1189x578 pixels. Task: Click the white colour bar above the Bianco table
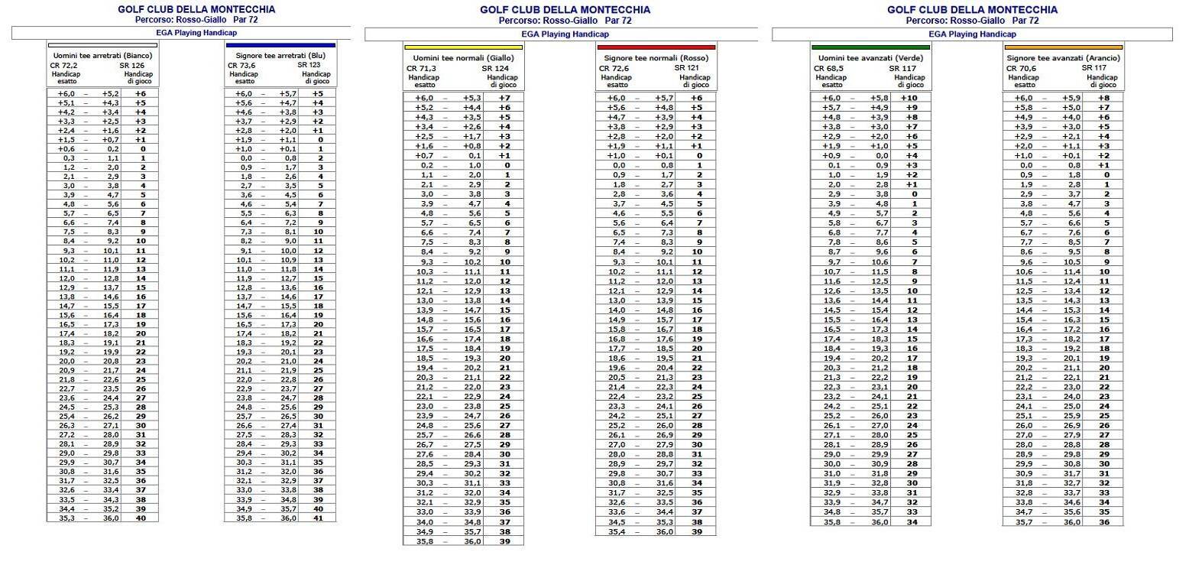(x=103, y=45)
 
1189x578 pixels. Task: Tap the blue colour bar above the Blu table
(x=280, y=45)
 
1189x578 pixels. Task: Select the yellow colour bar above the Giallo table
(x=464, y=47)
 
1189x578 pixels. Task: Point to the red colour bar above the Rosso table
(x=656, y=47)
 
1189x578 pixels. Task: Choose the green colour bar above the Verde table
(x=870, y=47)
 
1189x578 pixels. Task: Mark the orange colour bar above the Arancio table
(x=1063, y=47)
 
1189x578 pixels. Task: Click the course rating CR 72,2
(x=63, y=66)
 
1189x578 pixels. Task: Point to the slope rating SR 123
(x=309, y=66)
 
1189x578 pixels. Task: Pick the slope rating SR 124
(x=494, y=69)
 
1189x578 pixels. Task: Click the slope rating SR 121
(x=687, y=69)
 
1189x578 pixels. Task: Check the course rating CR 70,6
(x=1021, y=69)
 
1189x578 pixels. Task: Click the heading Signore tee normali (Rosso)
(x=656, y=58)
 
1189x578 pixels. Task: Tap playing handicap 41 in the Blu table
(x=318, y=518)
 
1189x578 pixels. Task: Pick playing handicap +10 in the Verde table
(x=909, y=98)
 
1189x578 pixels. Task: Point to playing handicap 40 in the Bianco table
(x=141, y=518)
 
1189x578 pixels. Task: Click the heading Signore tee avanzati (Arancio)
(x=1063, y=58)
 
